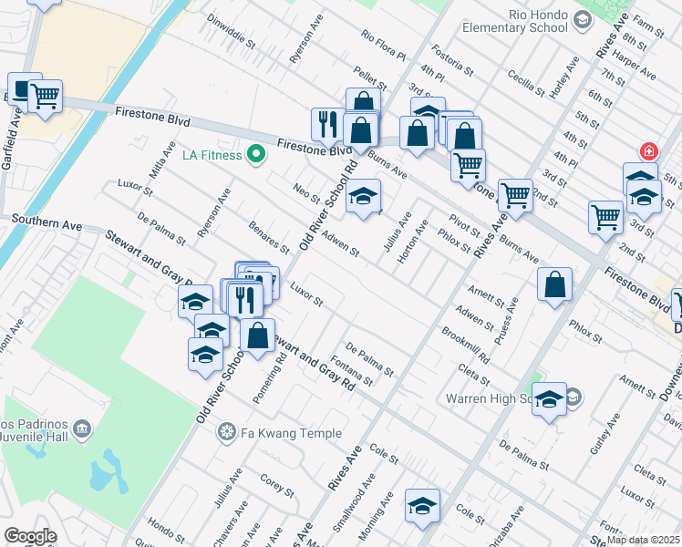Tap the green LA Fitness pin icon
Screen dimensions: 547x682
click(256, 154)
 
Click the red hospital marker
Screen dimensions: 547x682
click(647, 150)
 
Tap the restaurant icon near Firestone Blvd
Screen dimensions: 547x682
click(327, 124)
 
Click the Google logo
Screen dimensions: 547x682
click(30, 536)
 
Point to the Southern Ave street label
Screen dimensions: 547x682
click(48, 223)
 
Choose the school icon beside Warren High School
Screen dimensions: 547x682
click(549, 398)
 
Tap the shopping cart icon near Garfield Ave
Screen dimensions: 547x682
click(44, 96)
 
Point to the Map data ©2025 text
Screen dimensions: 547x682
click(643, 540)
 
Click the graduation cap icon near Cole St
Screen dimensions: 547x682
click(423, 506)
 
